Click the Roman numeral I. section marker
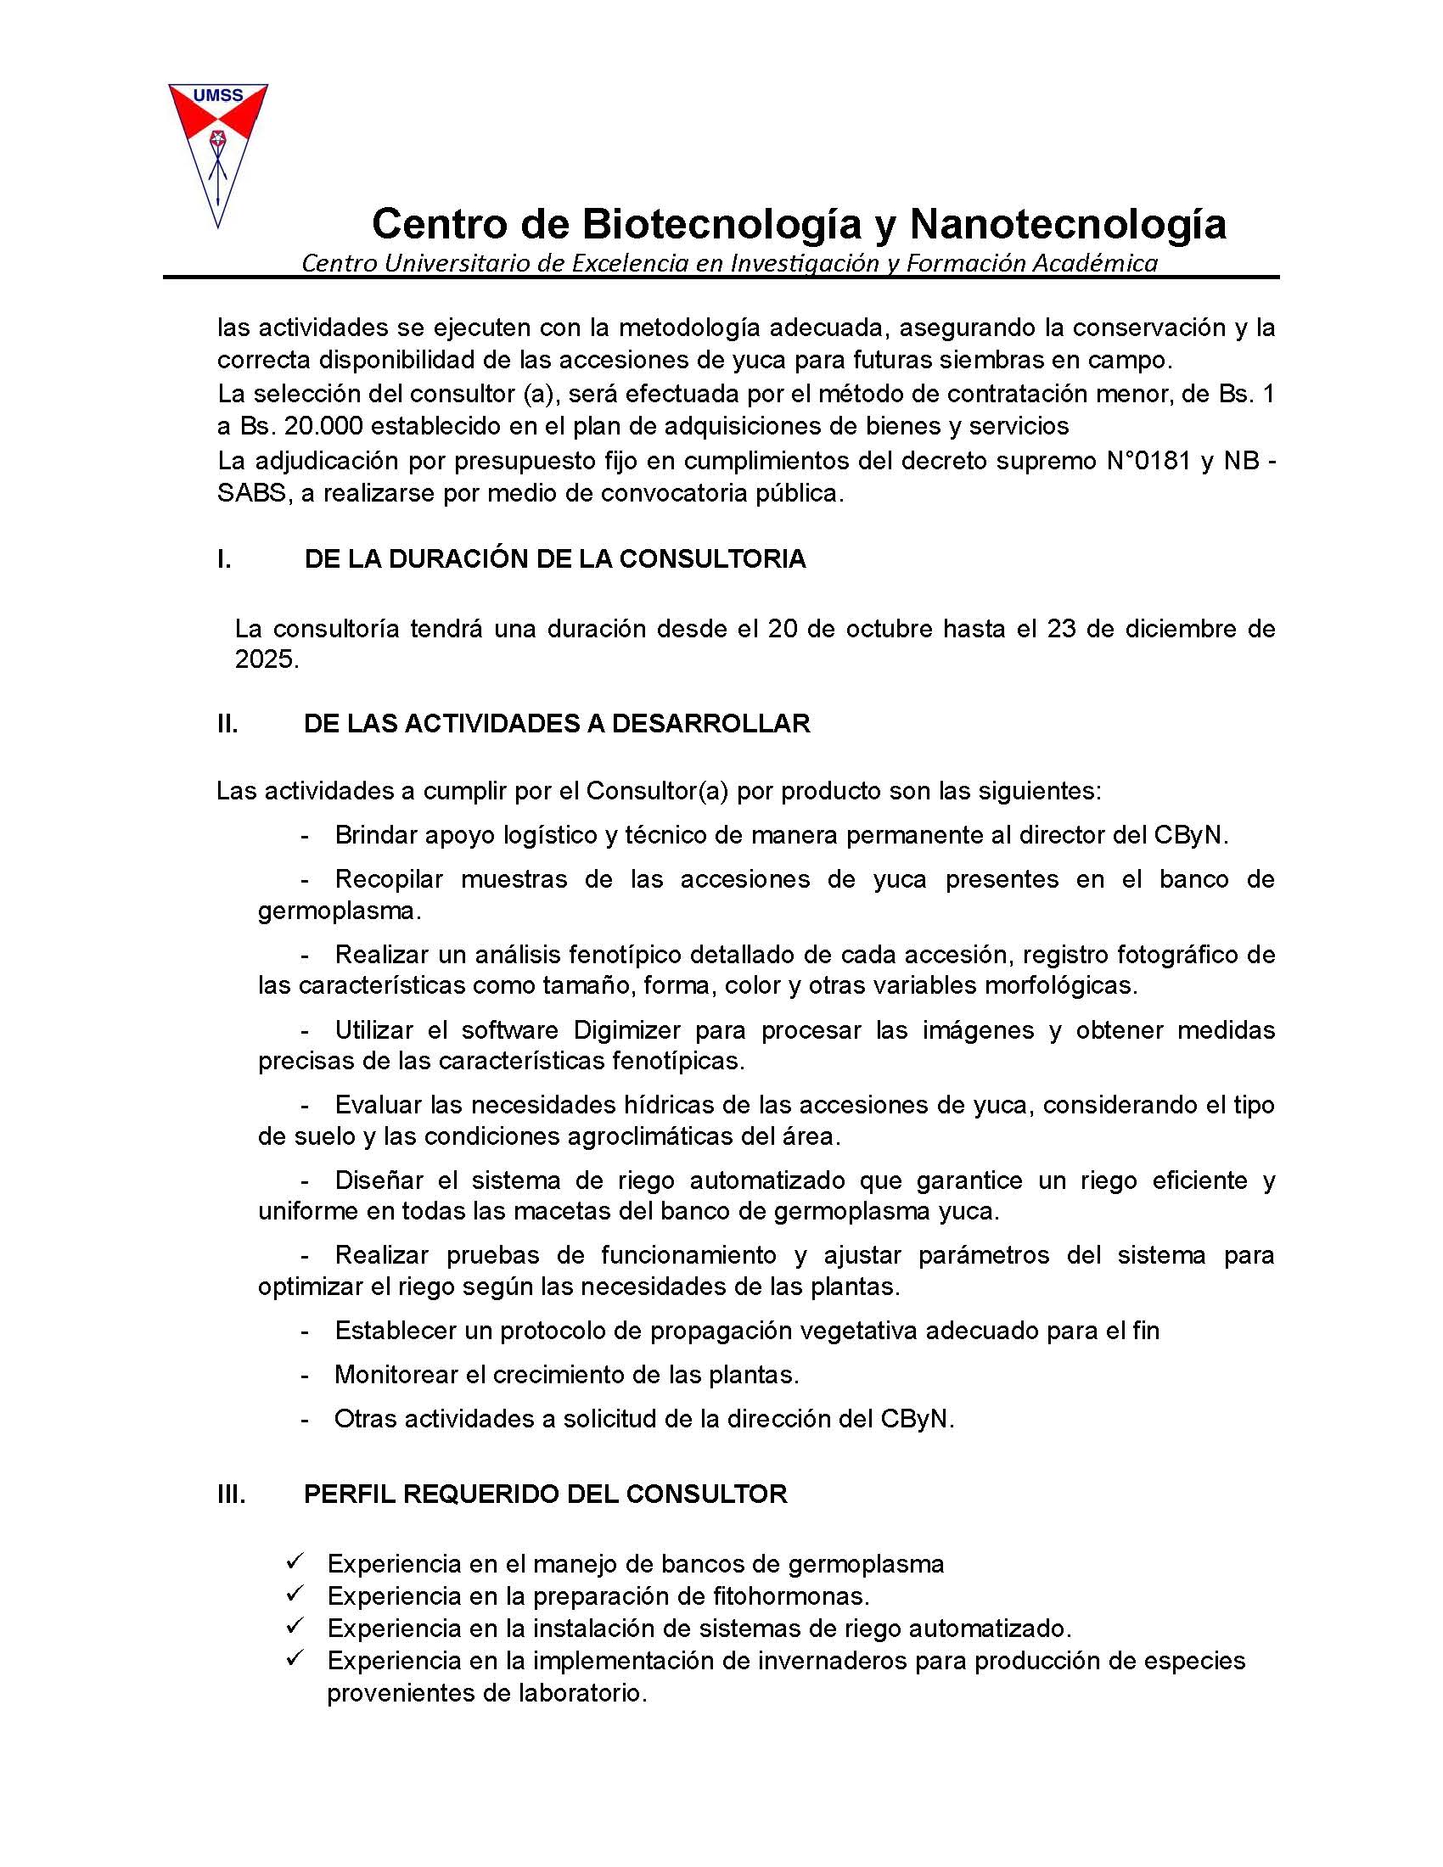pyautogui.click(x=224, y=559)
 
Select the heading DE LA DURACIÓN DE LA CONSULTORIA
pyautogui.click(x=555, y=559)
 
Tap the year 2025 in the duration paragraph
pyautogui.click(x=265, y=661)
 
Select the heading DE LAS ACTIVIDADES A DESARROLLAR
pyautogui.click(x=557, y=723)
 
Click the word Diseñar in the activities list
pyautogui.click(x=377, y=1180)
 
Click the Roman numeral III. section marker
pyautogui.click(x=231, y=1494)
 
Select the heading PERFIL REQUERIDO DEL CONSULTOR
pyautogui.click(x=546, y=1494)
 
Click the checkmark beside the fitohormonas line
pyautogui.click(x=295, y=1595)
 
